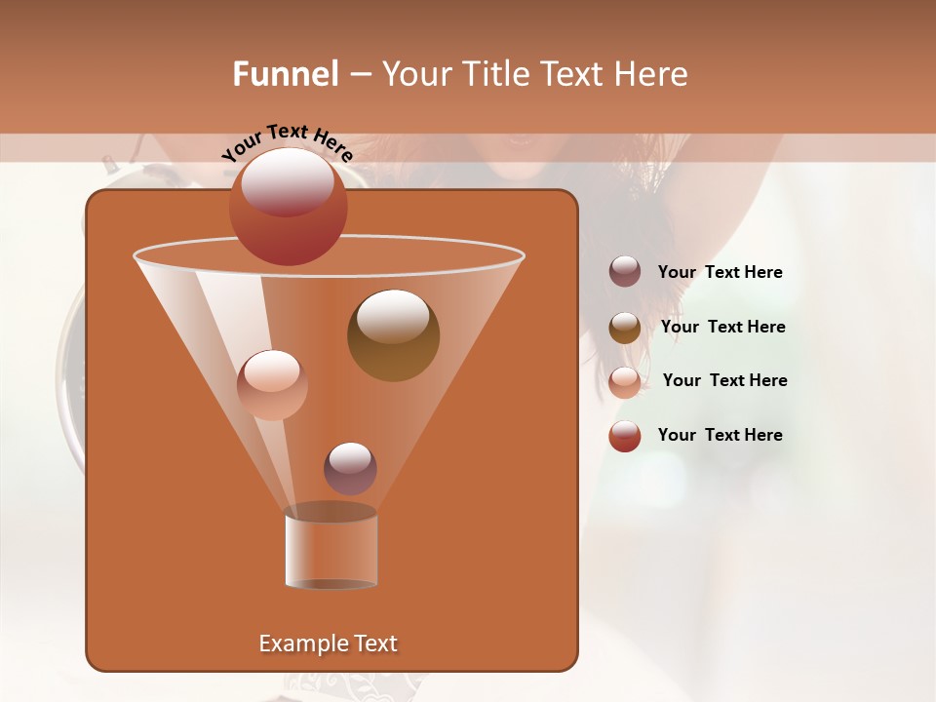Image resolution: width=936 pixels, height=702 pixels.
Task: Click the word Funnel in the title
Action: tap(285, 74)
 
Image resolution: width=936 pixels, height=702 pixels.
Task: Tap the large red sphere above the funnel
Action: tap(288, 206)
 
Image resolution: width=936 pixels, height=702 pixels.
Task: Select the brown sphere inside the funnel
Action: tap(393, 334)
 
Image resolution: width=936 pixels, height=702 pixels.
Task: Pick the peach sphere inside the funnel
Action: tap(272, 384)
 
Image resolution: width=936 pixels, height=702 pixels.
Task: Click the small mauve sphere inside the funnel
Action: tap(350, 468)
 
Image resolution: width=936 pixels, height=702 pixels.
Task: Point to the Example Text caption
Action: tap(328, 643)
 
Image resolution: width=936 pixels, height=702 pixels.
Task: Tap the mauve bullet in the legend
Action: tap(625, 271)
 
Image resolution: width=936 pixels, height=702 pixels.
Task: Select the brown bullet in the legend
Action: tap(625, 327)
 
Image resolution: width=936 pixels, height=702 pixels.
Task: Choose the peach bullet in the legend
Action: tap(625, 381)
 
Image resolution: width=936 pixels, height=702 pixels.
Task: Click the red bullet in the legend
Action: tap(625, 436)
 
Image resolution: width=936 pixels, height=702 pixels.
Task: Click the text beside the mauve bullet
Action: tap(720, 272)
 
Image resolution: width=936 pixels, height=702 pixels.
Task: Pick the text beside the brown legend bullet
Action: tap(722, 327)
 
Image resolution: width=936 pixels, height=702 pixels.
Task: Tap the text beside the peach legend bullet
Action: tap(724, 380)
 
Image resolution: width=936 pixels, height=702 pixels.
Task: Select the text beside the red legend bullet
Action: tap(720, 435)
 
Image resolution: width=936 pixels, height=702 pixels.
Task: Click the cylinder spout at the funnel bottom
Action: tap(331, 549)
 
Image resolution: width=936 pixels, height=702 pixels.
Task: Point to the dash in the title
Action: tap(359, 75)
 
